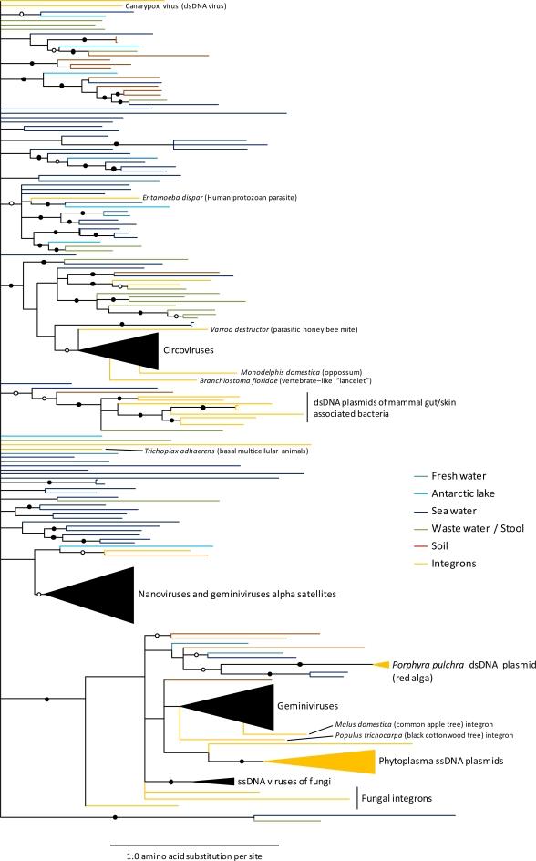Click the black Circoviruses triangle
click(x=128, y=350)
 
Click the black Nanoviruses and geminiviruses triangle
click(x=100, y=595)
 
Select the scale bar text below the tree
click(x=194, y=855)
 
